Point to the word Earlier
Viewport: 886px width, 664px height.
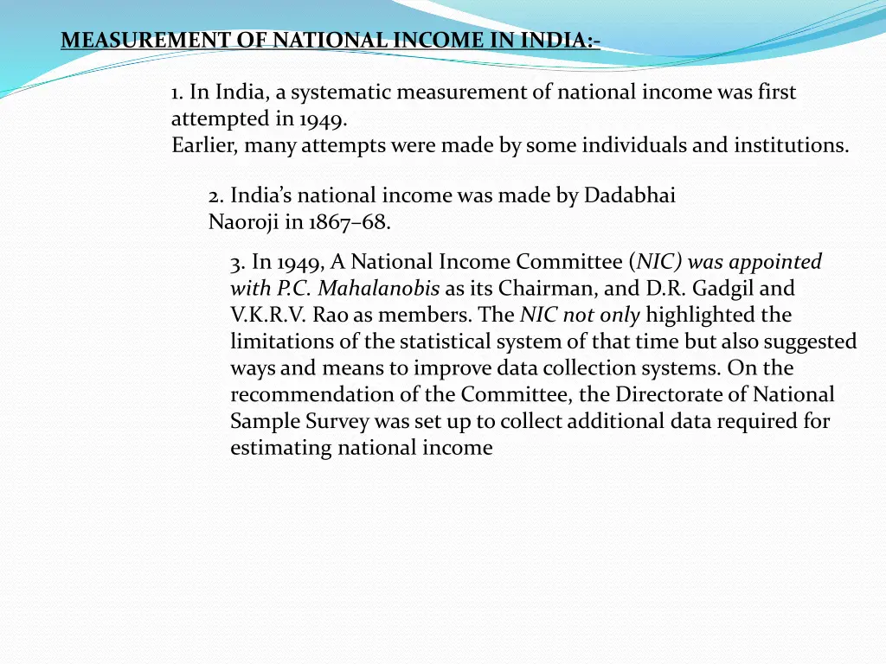[x=205, y=145]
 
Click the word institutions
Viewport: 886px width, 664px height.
[x=791, y=145]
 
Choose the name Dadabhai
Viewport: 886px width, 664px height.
[x=630, y=195]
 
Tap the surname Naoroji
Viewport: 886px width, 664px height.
[x=244, y=222]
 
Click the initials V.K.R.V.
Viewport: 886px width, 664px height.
[x=263, y=315]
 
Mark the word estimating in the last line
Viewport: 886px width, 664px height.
[x=280, y=448]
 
